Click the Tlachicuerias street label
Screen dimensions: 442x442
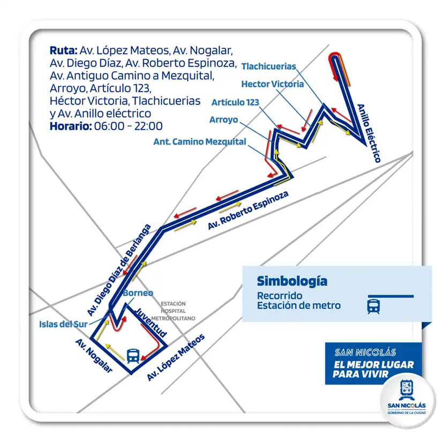pyautogui.click(x=268, y=66)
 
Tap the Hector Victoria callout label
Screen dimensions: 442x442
pyautogui.click(x=272, y=84)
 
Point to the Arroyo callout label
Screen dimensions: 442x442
pyautogui.click(x=223, y=120)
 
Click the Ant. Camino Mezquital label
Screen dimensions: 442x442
pyautogui.click(x=200, y=142)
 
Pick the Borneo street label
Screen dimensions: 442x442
pyautogui.click(x=138, y=293)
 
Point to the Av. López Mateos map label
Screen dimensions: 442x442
pyautogui.click(x=176, y=357)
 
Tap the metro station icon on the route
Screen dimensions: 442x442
pyautogui.click(x=132, y=355)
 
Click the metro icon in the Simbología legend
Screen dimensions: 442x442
pyautogui.click(x=373, y=306)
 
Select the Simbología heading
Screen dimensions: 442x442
pyautogui.click(x=291, y=281)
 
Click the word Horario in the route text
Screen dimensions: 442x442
pyautogui.click(x=70, y=126)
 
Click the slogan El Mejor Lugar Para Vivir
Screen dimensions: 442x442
pyautogui.click(x=373, y=369)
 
